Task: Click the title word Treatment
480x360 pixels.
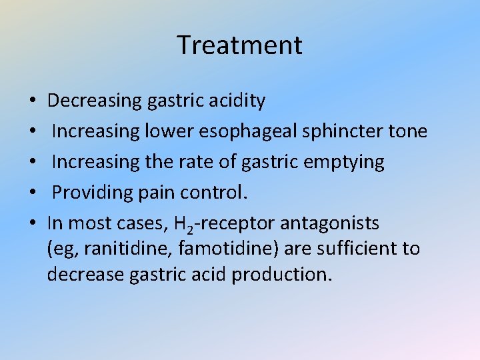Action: (240, 45)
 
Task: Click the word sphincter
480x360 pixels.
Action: (343, 131)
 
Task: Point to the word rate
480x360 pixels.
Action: (206, 162)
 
